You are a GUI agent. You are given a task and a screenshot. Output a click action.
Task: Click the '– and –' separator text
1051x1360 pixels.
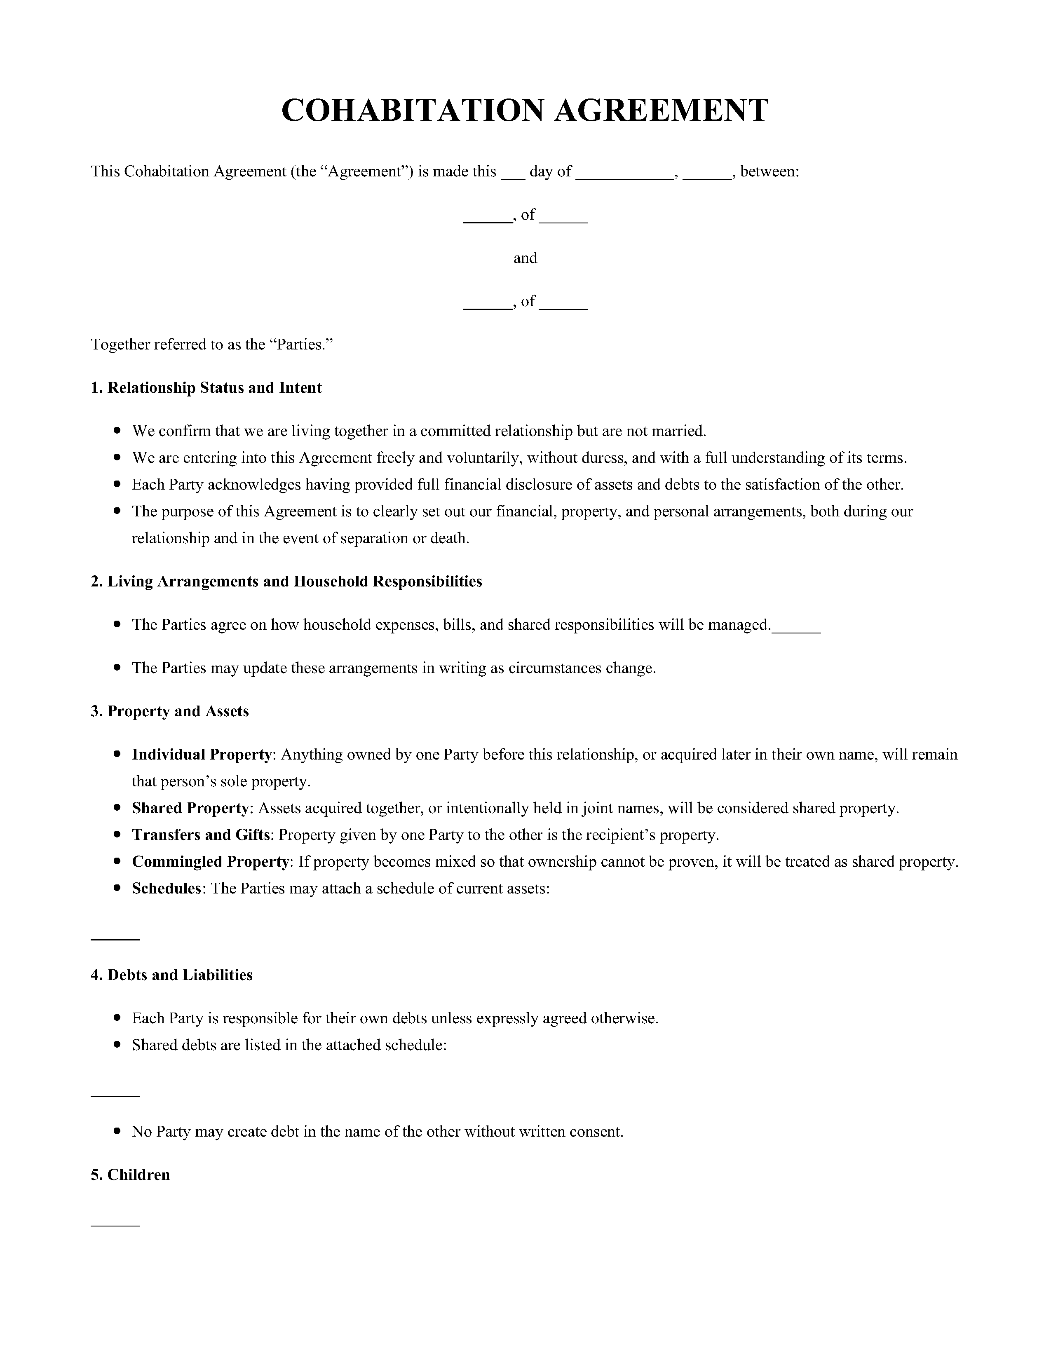click(x=525, y=258)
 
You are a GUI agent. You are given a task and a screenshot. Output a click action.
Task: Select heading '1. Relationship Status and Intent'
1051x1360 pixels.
click(x=206, y=388)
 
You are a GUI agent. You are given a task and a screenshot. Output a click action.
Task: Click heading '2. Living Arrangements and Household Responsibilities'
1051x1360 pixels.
click(x=286, y=582)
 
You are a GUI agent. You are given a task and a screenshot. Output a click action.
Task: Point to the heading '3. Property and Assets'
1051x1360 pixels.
click(x=169, y=711)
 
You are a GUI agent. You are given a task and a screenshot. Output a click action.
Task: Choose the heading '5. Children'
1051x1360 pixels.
click(x=130, y=1175)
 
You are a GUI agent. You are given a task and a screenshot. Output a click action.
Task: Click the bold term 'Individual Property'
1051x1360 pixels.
click(x=202, y=755)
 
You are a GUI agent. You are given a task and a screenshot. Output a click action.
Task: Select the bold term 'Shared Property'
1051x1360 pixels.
click(x=190, y=808)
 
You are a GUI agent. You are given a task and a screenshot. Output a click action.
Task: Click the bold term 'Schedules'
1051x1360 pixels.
click(x=167, y=889)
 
